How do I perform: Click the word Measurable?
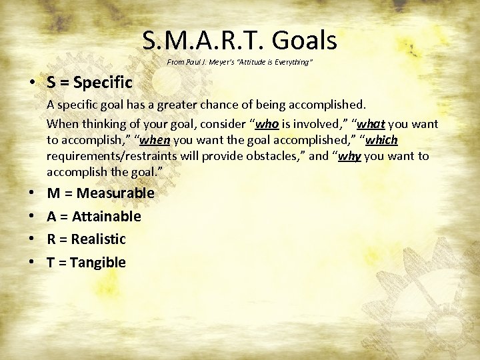(x=116, y=193)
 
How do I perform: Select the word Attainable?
(x=107, y=217)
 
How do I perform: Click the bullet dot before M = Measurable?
(x=32, y=194)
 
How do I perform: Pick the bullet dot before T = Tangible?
(x=32, y=263)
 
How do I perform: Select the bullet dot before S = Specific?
(x=32, y=83)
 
